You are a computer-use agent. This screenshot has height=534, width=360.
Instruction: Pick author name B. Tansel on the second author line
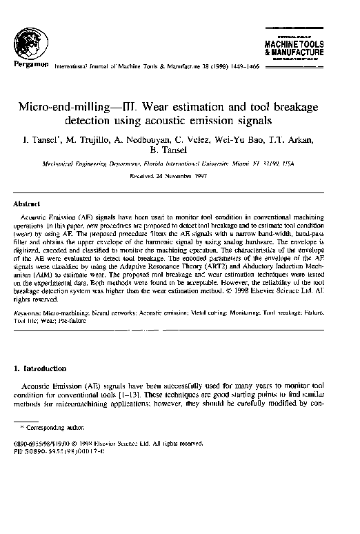pos(180,153)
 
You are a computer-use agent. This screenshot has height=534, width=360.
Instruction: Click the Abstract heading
pos(26,204)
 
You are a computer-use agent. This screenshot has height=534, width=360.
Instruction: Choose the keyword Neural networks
pos(111,313)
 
